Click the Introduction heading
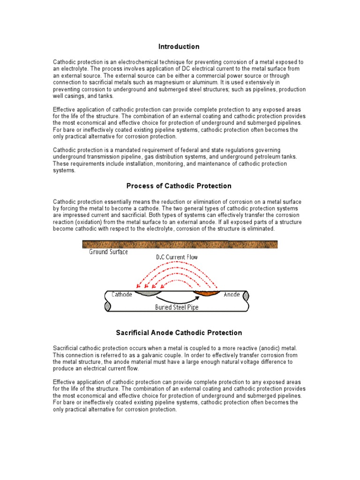tap(179, 46)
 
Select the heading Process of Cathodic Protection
tap(179, 186)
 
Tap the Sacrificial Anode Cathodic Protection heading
tap(179, 333)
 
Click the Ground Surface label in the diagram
tap(108, 252)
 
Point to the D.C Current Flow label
tap(178, 257)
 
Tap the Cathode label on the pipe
tap(122, 294)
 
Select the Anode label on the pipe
tap(232, 294)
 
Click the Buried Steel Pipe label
tap(177, 307)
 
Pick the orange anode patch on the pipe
tap(206, 294)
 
